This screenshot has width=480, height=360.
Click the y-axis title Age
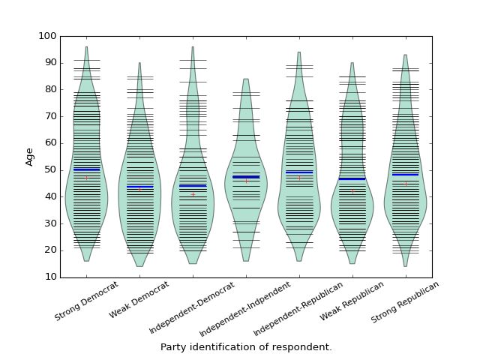(x=30, y=156)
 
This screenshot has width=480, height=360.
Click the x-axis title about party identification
(x=246, y=347)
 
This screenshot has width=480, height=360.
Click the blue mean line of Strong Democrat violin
(x=86, y=169)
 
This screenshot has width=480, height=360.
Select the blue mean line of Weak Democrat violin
(x=139, y=187)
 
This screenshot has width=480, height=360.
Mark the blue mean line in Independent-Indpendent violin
(x=246, y=177)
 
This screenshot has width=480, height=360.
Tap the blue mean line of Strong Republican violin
(x=406, y=175)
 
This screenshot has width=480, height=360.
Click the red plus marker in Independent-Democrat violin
(x=193, y=194)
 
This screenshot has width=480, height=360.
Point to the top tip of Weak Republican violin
(x=352, y=63)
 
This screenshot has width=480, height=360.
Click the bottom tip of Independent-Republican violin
(x=299, y=260)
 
